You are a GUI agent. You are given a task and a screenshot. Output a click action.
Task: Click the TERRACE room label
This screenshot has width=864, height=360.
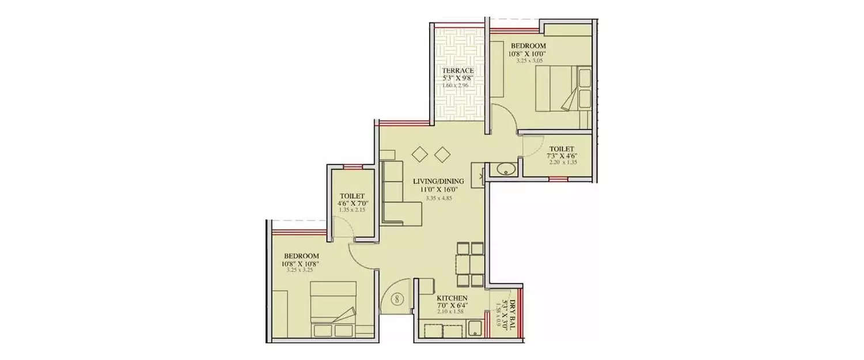(x=458, y=70)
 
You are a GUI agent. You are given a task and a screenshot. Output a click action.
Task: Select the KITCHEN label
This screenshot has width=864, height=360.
(x=444, y=298)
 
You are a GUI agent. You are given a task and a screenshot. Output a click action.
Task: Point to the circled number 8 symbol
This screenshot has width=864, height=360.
(x=397, y=299)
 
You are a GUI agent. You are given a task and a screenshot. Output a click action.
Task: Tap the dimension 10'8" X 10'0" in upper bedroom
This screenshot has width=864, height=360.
(x=526, y=54)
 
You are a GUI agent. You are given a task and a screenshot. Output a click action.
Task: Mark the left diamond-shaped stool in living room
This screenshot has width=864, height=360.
(x=419, y=154)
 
